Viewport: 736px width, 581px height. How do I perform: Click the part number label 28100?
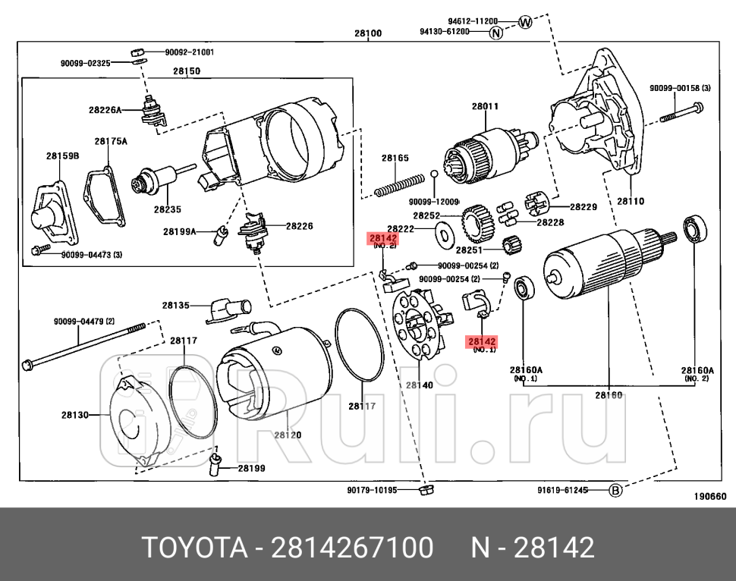(368, 33)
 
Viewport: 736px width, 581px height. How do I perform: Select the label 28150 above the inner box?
(186, 71)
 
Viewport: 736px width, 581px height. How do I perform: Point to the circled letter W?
(526, 22)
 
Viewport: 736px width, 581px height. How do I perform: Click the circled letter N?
(495, 33)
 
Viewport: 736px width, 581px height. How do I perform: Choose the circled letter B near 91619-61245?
(615, 491)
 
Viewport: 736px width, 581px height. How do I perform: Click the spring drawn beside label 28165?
(400, 186)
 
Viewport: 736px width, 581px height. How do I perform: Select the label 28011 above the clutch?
(485, 106)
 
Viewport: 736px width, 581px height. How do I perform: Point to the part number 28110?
(630, 202)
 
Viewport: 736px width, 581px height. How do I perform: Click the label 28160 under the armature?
(608, 395)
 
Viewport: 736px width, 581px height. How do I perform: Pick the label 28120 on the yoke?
(288, 435)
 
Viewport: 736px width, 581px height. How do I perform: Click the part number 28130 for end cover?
(75, 415)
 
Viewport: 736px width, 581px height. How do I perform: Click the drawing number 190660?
(710, 497)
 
